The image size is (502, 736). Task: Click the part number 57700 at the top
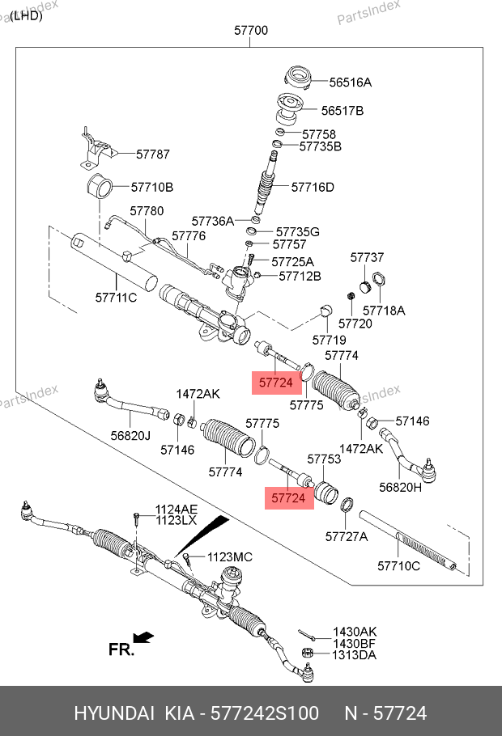tap(251, 32)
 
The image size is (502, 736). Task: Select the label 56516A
tap(350, 82)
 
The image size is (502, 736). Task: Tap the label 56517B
tap(342, 110)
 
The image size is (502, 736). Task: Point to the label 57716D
tap(312, 188)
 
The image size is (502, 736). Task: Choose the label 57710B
tap(152, 188)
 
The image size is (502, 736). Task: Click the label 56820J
tap(131, 435)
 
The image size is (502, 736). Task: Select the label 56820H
tap(401, 488)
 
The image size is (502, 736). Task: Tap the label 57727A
tap(346, 536)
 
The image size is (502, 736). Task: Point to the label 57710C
tap(399, 565)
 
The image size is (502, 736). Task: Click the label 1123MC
tap(230, 557)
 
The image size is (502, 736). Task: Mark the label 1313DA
tap(355, 655)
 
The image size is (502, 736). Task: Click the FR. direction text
tap(121, 649)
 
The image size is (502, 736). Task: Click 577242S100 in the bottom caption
tap(262, 713)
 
